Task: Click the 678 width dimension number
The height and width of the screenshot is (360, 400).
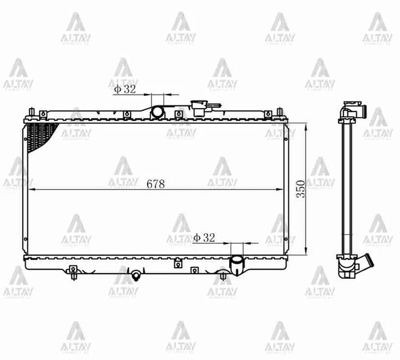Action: tap(154, 183)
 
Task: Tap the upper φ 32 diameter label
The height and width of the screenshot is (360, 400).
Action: tap(124, 88)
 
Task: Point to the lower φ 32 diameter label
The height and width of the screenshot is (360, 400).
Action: tap(204, 237)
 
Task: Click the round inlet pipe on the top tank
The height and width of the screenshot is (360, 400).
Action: tap(157, 110)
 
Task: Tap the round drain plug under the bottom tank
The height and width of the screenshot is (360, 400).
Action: tap(136, 275)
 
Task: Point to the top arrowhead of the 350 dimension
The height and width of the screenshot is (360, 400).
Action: tap(308, 124)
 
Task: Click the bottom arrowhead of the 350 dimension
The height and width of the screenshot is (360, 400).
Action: tap(308, 254)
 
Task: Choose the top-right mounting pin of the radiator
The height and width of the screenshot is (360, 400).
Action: tap(280, 110)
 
